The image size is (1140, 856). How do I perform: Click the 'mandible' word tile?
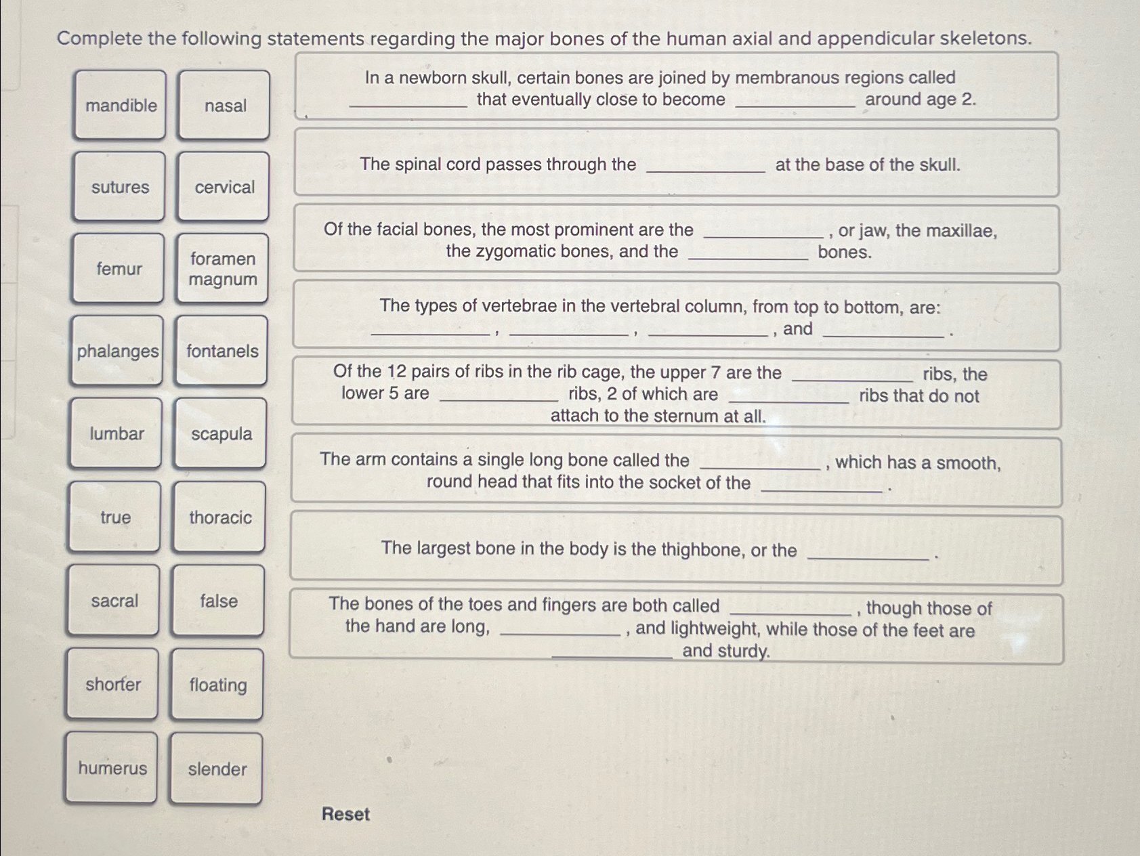coord(120,105)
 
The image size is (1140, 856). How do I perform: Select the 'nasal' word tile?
coord(224,106)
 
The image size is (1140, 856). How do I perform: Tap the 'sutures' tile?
coord(119,187)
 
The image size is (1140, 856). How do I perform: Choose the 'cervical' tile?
coord(224,188)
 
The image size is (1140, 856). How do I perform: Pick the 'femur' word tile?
coord(119,269)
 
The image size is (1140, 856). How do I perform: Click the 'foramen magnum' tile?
coord(222,269)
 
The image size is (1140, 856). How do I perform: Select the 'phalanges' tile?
coord(117,351)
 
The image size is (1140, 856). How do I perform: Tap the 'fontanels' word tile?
coord(221,351)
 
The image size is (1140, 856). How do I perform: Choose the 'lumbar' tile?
coord(116,433)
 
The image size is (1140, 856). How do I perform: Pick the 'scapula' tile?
coord(221,434)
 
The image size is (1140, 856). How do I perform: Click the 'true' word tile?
coord(115,517)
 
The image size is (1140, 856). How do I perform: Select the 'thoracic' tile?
coord(219,517)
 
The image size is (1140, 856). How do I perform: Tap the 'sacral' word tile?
coord(114,601)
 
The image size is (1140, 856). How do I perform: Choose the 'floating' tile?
coord(217,685)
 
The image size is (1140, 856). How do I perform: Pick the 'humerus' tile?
coord(112,768)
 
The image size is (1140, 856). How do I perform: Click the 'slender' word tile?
coord(217,769)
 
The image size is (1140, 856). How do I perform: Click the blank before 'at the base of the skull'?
coord(705,165)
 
